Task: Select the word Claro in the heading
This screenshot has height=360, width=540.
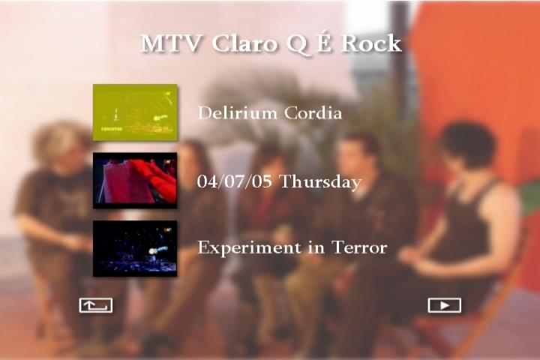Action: coord(244,43)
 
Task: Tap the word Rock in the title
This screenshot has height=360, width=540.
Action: coord(371,43)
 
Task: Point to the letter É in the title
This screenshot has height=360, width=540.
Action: coord(324,42)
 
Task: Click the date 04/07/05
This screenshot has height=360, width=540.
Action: coord(235,181)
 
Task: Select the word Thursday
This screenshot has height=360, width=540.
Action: coord(320,182)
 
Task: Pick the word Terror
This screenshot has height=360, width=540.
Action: coord(359,247)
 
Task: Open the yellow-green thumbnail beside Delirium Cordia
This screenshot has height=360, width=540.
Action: coord(135,112)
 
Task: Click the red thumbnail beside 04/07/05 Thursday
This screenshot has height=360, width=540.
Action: coord(135,180)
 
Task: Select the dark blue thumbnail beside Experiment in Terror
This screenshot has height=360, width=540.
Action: coord(135,248)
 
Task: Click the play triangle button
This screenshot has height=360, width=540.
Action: coord(444,305)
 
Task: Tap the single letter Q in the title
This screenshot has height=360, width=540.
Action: coord(297,44)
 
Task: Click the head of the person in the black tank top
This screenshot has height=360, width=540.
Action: coord(468,145)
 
